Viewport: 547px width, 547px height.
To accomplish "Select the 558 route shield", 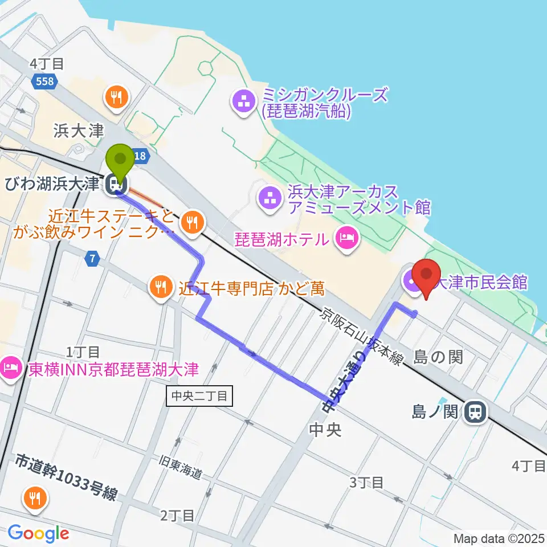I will (44, 81).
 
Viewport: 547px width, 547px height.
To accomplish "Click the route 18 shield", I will (140, 154).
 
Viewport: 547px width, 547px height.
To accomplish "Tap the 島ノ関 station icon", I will (474, 411).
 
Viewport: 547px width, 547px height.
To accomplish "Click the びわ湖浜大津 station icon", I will (115, 183).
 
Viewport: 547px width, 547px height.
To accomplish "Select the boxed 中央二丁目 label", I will (199, 395).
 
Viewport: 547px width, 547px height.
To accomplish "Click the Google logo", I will (38, 533).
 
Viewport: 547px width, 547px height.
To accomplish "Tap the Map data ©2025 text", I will (499, 538).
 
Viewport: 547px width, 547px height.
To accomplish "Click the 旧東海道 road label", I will (182, 469).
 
